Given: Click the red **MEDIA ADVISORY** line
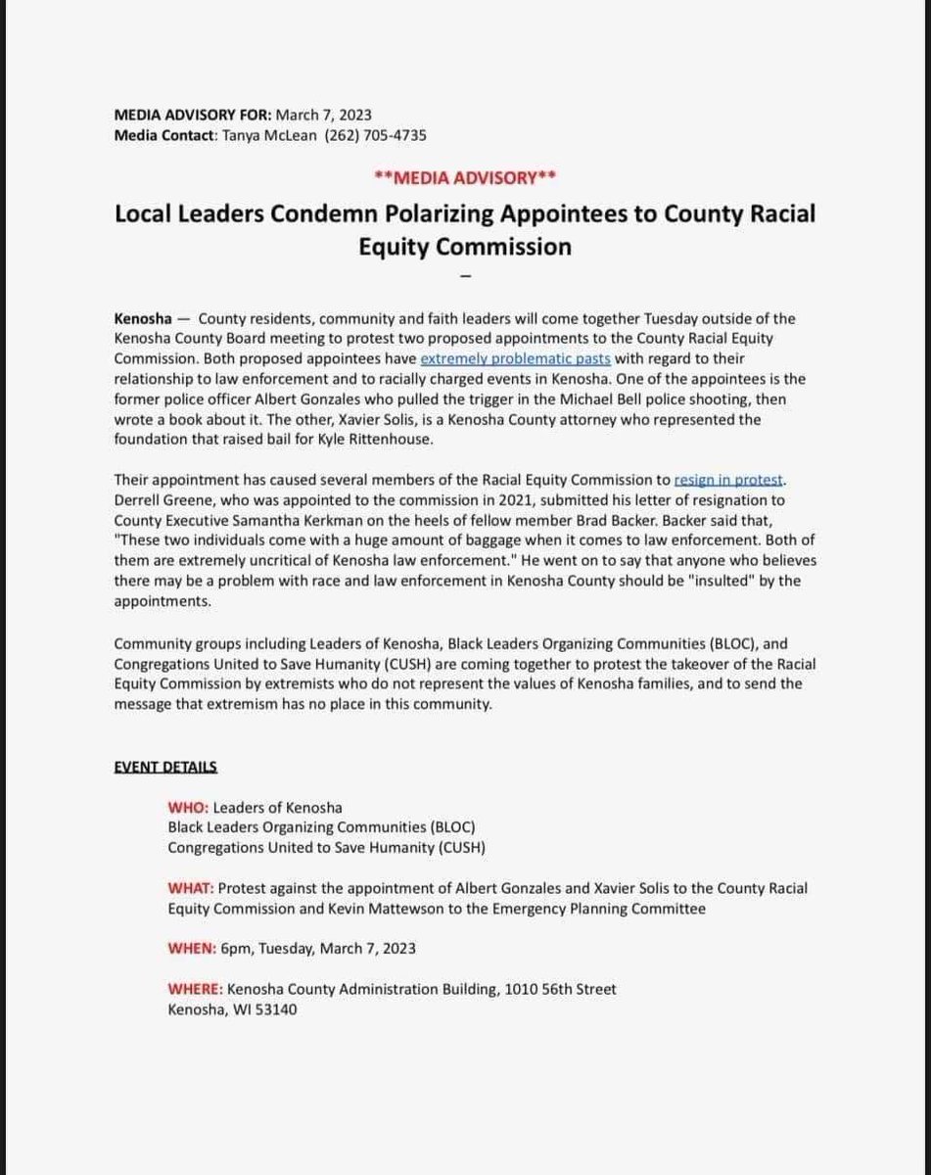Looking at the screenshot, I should (465, 177).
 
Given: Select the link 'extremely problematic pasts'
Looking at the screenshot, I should (515, 358).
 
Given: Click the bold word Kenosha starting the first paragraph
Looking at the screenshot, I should (143, 319).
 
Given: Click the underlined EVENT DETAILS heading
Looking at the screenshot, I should (166, 766).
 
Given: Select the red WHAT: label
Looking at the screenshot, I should (191, 888).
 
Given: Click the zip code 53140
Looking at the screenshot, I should (275, 1010).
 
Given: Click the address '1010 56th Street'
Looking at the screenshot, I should (560, 990).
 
